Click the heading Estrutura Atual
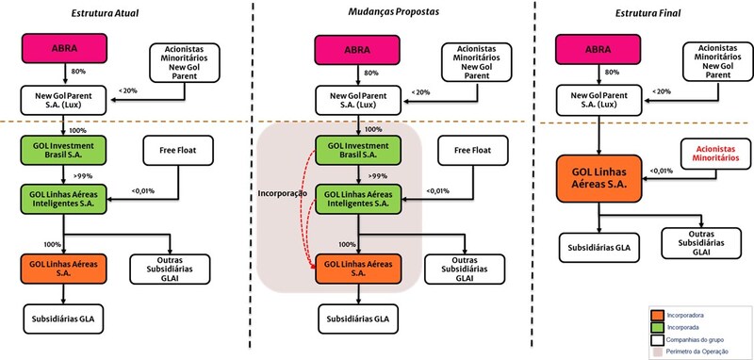(x=105, y=13)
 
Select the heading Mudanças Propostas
(x=393, y=12)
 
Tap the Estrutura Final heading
(x=647, y=13)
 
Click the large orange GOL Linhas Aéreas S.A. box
(x=598, y=178)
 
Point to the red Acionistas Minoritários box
(x=716, y=154)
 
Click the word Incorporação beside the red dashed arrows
(x=282, y=193)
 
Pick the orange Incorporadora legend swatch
(x=657, y=316)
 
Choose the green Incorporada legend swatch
(x=657, y=328)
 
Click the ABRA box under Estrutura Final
(x=598, y=49)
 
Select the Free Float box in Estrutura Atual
(x=178, y=150)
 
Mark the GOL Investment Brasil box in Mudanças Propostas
(x=358, y=150)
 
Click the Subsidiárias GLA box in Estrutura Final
(x=598, y=248)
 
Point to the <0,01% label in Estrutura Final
(x=662, y=171)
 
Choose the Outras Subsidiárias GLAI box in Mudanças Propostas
(x=465, y=270)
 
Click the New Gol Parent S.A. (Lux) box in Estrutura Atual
(x=63, y=100)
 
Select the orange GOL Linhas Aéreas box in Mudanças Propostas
(x=358, y=269)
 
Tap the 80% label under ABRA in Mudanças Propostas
(x=370, y=73)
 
